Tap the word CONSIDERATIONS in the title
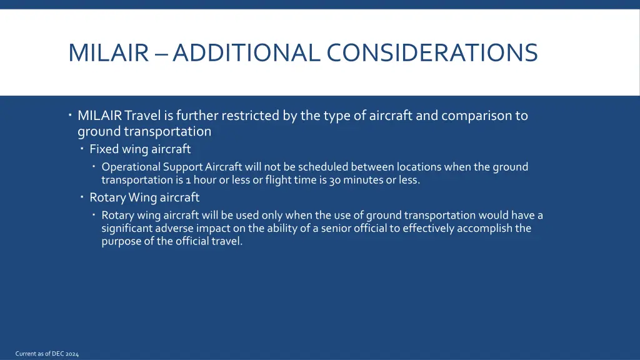pyautogui.click(x=432, y=52)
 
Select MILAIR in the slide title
pyautogui.click(x=107, y=52)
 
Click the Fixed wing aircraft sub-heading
pyautogui.click(x=140, y=149)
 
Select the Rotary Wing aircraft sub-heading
pyautogui.click(x=144, y=197)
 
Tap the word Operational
pyautogui.click(x=131, y=167)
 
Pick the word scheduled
pyautogui.click(x=322, y=167)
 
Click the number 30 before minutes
pyautogui.click(x=334, y=180)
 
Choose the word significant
pyautogui.click(x=129, y=228)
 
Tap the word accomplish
pyautogui.click(x=484, y=228)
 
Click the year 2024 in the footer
pyautogui.click(x=71, y=354)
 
